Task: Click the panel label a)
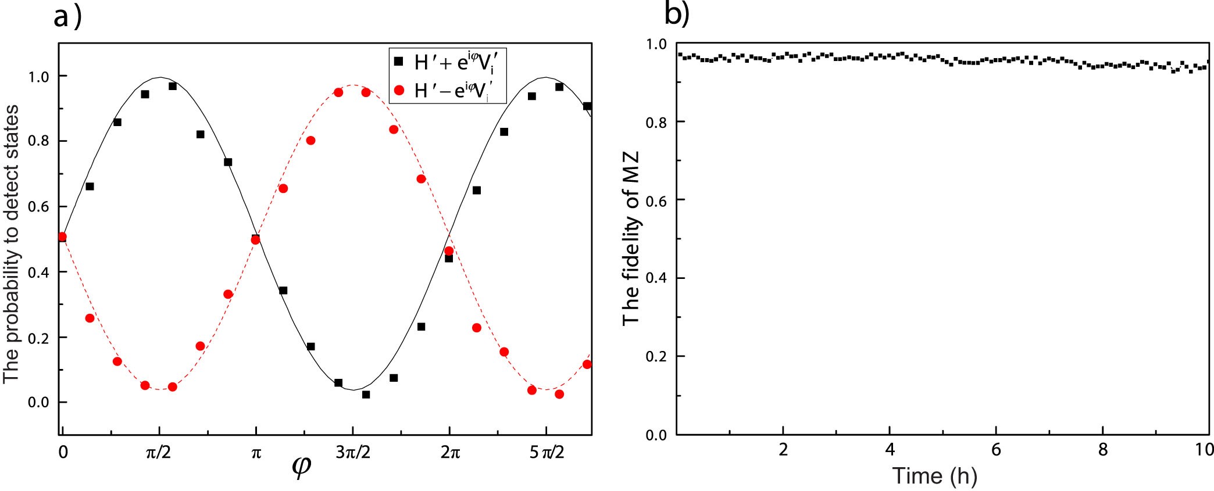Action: pos(67,17)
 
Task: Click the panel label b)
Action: pos(676,15)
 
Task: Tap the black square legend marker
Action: pos(399,61)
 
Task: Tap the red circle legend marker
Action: pos(399,90)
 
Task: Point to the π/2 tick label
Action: pos(158,453)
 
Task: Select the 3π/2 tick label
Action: pos(352,453)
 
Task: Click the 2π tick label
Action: pos(449,453)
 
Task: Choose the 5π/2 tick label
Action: pos(547,453)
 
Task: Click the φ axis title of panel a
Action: pos(301,468)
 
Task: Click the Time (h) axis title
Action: pos(934,476)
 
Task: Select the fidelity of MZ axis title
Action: pos(631,238)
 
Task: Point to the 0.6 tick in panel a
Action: pos(40,207)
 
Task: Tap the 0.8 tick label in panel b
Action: pos(658,121)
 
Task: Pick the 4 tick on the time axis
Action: pos(890,450)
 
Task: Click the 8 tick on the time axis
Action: pos(1102,450)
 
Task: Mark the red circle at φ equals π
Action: pos(255,239)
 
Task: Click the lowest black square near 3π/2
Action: pos(366,395)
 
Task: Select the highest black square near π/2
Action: pos(173,86)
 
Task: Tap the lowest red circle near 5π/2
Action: pos(559,394)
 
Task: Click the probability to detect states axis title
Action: pos(12,244)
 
